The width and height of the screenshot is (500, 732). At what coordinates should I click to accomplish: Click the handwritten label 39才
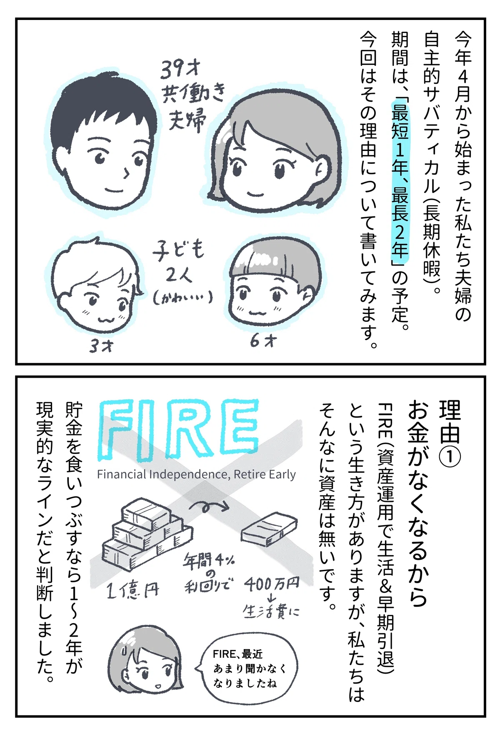(x=181, y=69)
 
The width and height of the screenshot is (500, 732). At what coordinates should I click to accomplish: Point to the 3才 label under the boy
(x=101, y=345)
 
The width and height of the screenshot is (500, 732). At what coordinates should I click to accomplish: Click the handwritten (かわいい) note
(x=182, y=297)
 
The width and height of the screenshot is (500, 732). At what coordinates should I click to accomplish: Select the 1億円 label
(x=132, y=590)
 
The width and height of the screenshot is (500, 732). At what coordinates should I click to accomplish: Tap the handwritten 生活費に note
(x=271, y=611)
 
